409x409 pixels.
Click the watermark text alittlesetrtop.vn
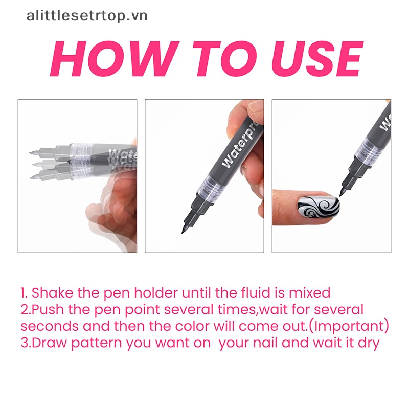(87, 16)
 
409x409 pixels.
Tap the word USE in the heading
(317, 59)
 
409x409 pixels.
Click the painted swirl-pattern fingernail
(319, 208)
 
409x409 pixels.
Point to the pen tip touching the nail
(340, 194)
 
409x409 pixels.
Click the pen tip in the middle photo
(183, 231)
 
